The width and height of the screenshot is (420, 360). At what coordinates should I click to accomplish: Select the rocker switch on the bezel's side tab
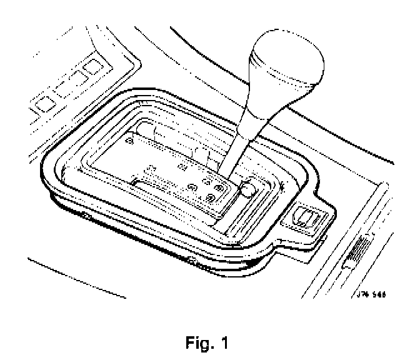coord(306,217)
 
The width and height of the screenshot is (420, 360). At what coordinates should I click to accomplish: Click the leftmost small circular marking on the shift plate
coord(129,142)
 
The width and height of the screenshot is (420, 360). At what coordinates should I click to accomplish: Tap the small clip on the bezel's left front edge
coord(83,214)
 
